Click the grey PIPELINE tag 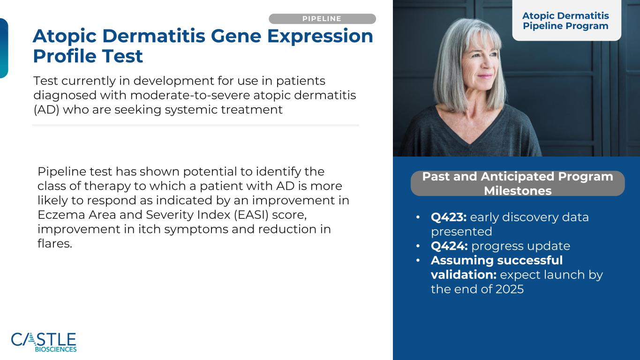pyautogui.click(x=322, y=19)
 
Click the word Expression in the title pyautogui.click(x=320, y=37)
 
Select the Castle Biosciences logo pyautogui.click(x=44, y=342)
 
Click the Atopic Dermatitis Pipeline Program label pyautogui.click(x=565, y=21)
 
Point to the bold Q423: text pyautogui.click(x=449, y=217)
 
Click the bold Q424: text pyautogui.click(x=449, y=246)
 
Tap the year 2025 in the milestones pyautogui.click(x=510, y=289)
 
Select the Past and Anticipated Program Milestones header pyautogui.click(x=518, y=183)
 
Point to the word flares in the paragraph pyautogui.click(x=55, y=243)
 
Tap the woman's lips pyautogui.click(x=484, y=76)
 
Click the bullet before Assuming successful pyautogui.click(x=418, y=260)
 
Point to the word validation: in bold pyautogui.click(x=463, y=275)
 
